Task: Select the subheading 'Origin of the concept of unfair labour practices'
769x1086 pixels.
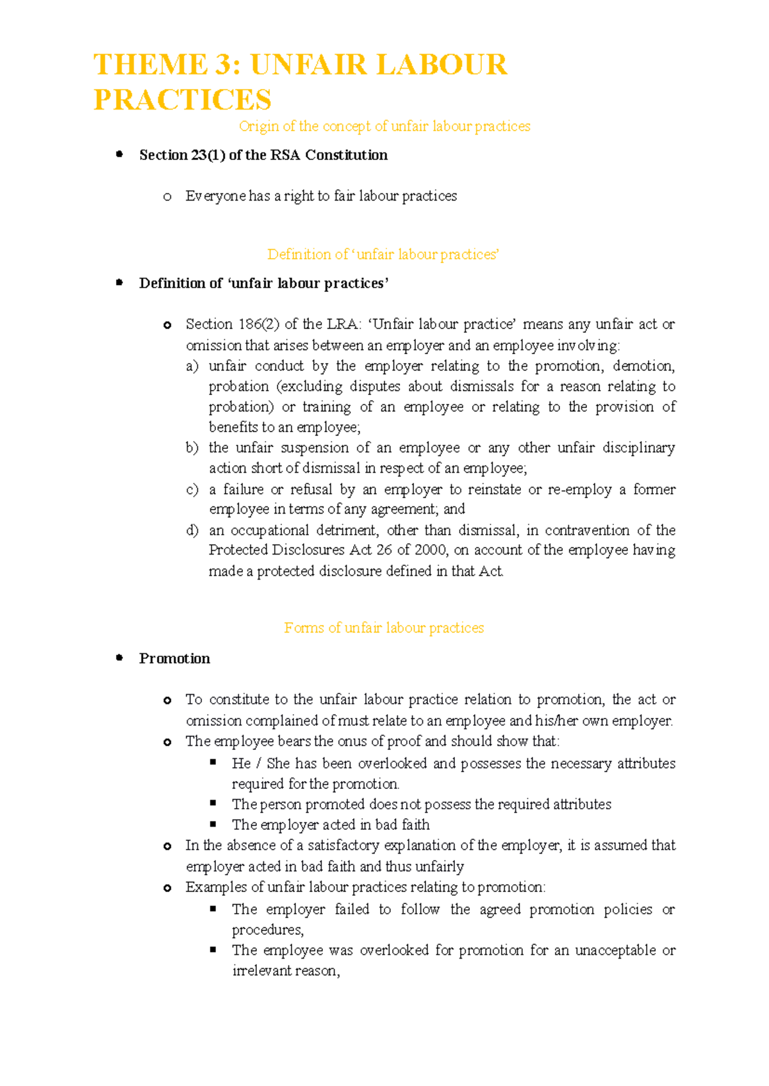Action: click(x=384, y=127)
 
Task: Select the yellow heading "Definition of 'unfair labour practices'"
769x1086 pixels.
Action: click(x=383, y=255)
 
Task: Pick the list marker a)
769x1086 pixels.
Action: click(x=192, y=366)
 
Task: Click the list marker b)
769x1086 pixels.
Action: click(x=192, y=448)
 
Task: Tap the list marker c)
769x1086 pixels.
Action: click(x=192, y=490)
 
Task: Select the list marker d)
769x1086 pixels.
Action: click(x=192, y=530)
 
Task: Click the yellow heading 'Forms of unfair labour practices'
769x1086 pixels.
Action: click(x=384, y=628)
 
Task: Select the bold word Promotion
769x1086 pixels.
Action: click(x=174, y=659)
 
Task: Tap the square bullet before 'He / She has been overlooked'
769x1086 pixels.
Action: click(x=213, y=763)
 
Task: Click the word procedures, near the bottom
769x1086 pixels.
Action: click(x=267, y=930)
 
